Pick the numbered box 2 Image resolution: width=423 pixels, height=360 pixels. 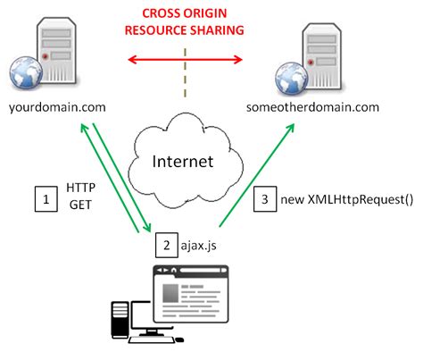click(164, 243)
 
